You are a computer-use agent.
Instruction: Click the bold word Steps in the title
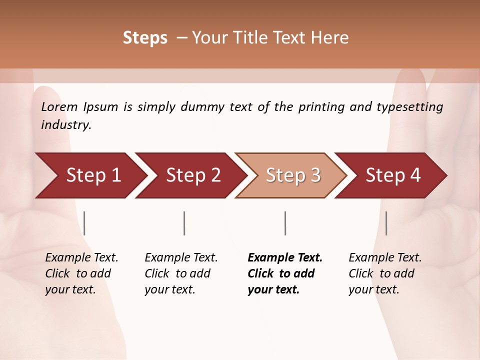tap(145, 38)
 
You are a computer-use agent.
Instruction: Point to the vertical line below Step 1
tap(84, 223)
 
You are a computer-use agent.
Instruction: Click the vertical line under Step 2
tap(184, 223)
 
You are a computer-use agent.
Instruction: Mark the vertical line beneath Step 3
tap(285, 223)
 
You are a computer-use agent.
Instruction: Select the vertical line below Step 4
tap(386, 223)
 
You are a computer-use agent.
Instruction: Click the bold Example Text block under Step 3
tap(285, 273)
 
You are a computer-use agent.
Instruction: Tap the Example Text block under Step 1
tap(81, 273)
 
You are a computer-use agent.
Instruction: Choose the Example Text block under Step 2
tap(181, 273)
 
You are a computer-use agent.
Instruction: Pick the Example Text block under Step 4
tap(385, 273)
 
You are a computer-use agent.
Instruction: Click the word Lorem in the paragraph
tap(59, 106)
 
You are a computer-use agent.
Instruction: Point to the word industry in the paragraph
tap(66, 125)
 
